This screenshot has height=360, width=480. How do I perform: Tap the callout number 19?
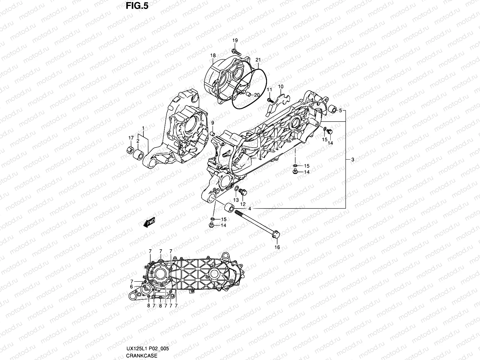click(x=235, y=40)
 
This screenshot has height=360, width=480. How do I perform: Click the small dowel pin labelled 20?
click(x=248, y=94)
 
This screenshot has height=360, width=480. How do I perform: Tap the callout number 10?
click(x=280, y=87)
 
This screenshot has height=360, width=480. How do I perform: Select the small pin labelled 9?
click(x=213, y=133)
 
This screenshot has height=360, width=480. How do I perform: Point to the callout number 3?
click(x=352, y=160)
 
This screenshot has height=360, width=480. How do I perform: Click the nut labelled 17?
click(x=130, y=149)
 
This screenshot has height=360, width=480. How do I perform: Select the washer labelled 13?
click(x=236, y=189)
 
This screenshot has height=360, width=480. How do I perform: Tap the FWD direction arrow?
click(x=149, y=222)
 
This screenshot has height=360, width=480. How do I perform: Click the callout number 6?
click(x=131, y=286)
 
